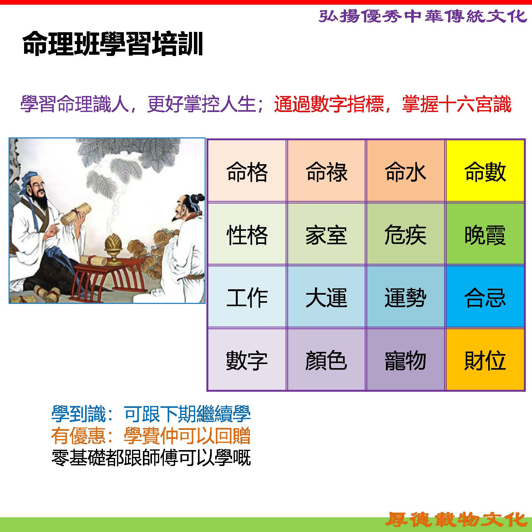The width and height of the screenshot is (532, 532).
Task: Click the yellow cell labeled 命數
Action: click(485, 171)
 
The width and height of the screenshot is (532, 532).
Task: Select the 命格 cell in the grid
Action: click(247, 171)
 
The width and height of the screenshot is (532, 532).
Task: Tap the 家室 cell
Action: click(326, 234)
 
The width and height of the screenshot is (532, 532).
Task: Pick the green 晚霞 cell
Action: click(485, 234)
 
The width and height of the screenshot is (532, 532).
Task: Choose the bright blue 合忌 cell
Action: click(485, 296)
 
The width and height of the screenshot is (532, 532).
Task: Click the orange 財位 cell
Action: click(485, 360)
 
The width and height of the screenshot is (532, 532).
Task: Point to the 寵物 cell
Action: click(405, 360)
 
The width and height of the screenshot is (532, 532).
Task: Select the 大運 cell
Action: click(326, 296)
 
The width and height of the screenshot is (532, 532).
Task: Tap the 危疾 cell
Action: click(405, 234)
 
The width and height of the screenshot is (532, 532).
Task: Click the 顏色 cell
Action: click(326, 360)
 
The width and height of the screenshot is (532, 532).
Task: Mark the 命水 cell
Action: click(405, 171)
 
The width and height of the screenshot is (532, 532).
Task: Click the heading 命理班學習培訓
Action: click(113, 44)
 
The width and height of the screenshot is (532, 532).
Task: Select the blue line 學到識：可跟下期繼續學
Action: click(151, 414)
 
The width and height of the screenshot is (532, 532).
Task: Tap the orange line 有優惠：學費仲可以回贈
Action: click(151, 436)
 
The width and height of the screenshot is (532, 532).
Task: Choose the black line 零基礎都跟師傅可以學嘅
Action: click(151, 458)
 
